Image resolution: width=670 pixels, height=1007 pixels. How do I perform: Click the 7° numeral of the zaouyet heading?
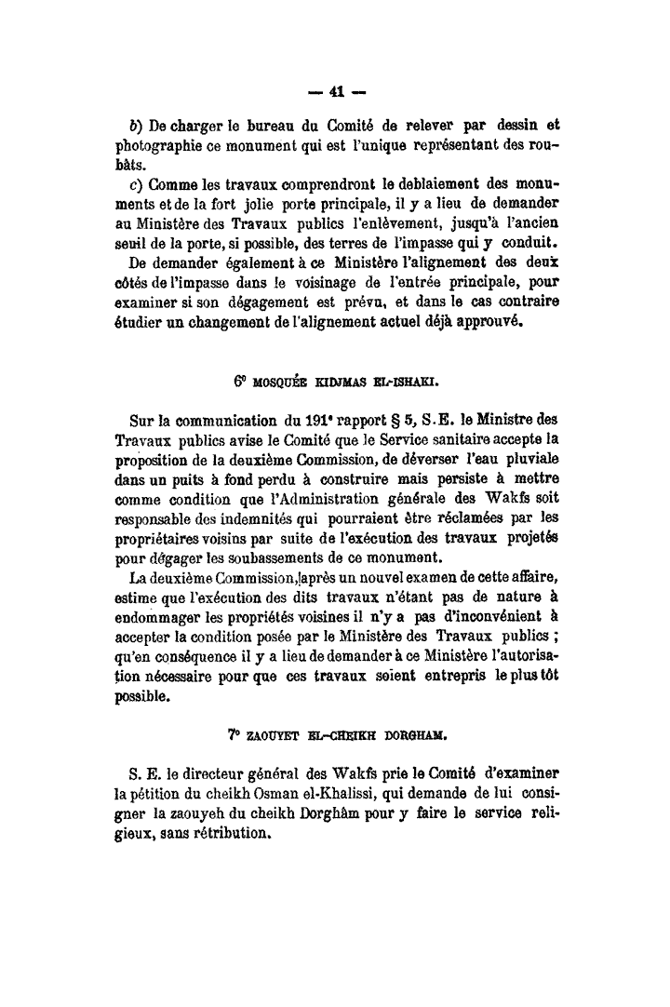[233, 733]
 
